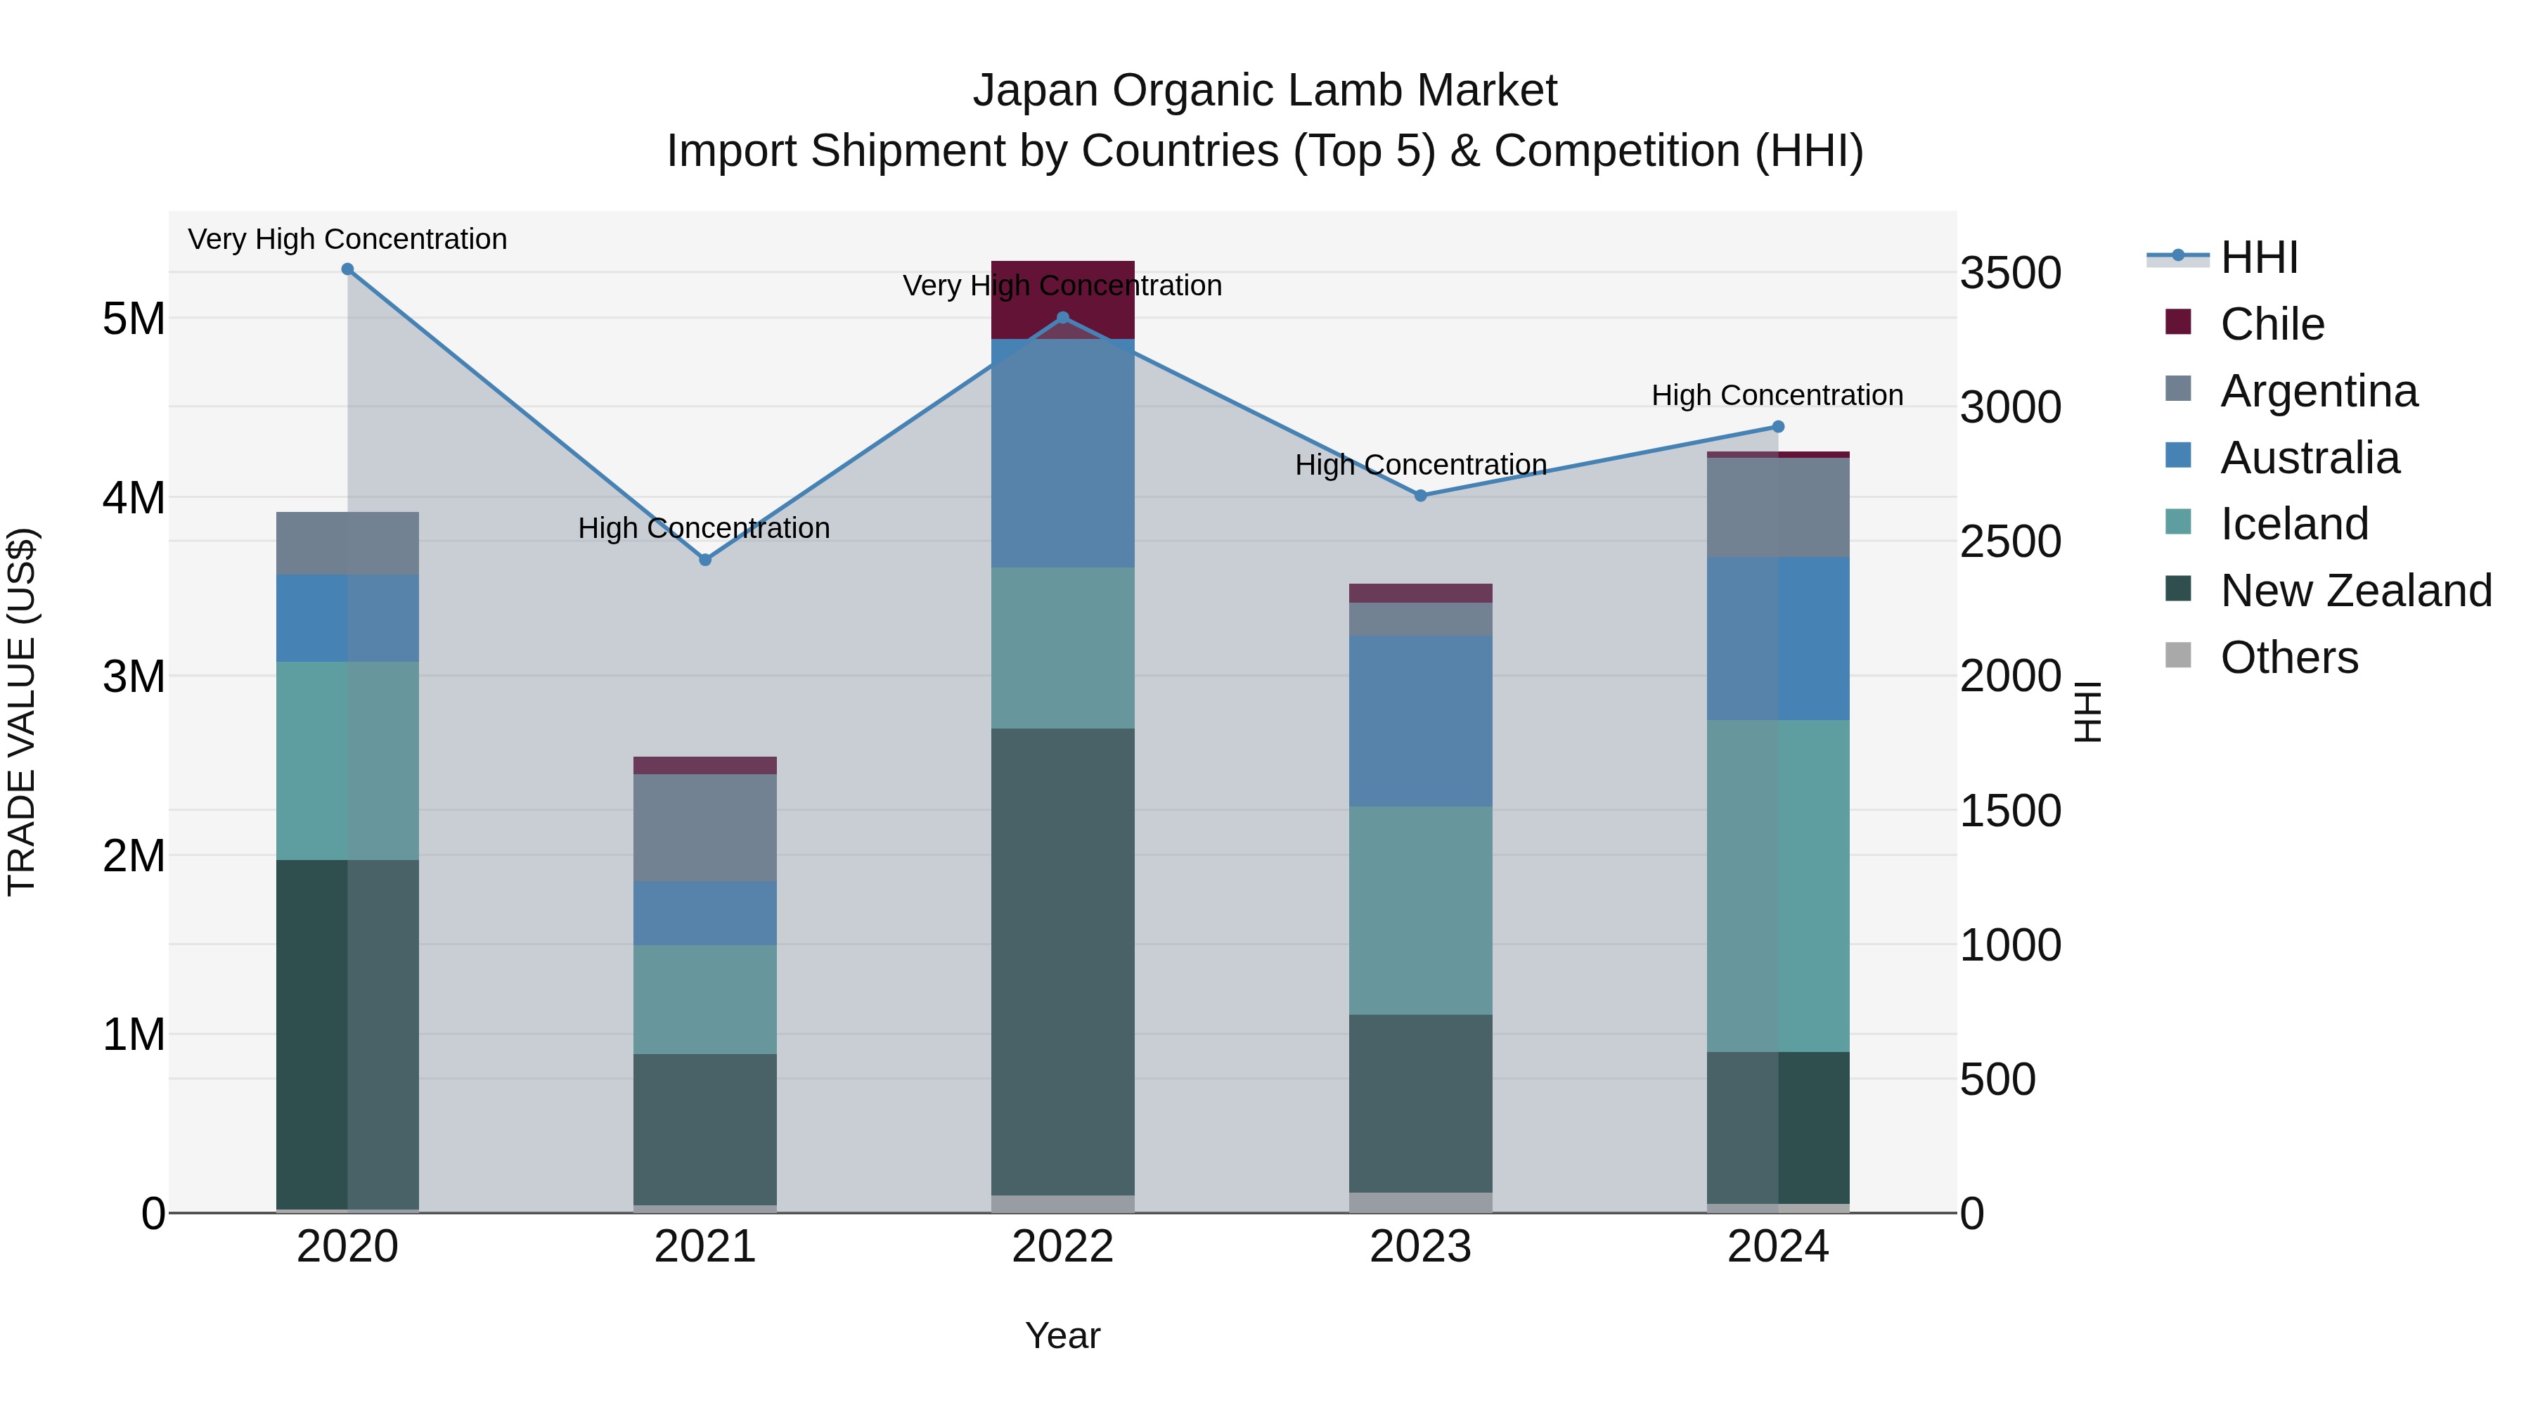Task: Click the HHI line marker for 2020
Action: tap(348, 269)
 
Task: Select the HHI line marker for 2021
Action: tap(704, 560)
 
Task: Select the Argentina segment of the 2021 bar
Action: tap(704, 828)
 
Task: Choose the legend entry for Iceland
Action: tap(2293, 524)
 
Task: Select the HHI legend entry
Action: tap(2258, 257)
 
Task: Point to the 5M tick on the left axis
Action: tap(134, 319)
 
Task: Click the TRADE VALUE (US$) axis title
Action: tap(22, 712)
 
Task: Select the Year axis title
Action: tap(1062, 1335)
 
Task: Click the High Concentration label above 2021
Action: tap(704, 527)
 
